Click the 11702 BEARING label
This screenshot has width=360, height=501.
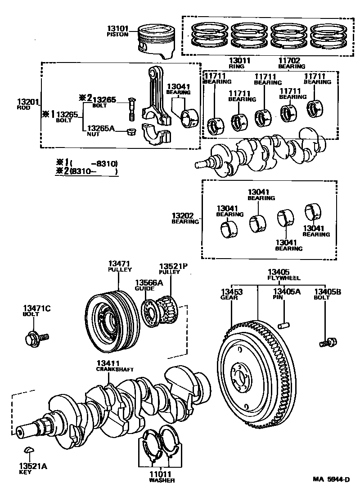(x=289, y=63)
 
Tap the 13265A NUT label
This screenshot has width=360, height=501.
(x=101, y=130)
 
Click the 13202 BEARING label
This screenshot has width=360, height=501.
(x=185, y=218)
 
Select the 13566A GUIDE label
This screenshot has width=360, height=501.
(x=145, y=285)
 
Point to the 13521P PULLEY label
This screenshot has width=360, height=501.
(x=172, y=269)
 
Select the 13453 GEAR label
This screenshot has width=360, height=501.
(x=231, y=295)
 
